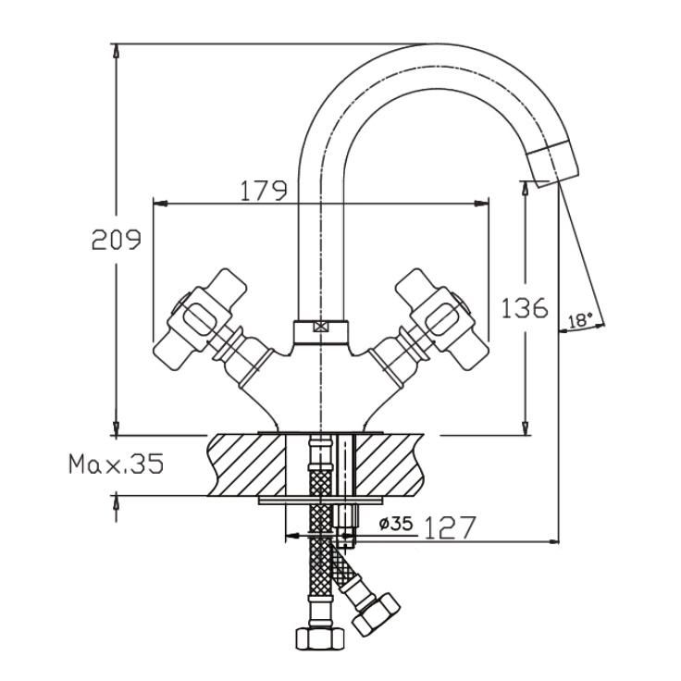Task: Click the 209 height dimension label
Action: pos(117,240)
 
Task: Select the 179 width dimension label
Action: pos(264,191)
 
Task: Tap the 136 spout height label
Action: pos(525,308)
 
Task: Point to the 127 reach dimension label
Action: pos(450,527)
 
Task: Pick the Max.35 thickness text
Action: pos(117,464)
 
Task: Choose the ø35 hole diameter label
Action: pos(396,524)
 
